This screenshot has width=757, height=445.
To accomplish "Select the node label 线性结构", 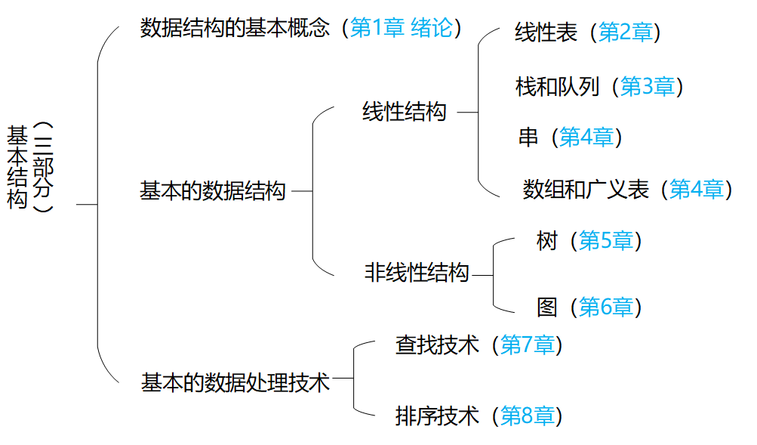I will click(x=405, y=113).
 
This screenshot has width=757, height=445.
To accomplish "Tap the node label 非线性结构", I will click(x=417, y=273).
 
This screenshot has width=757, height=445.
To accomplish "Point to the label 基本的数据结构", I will click(x=213, y=191).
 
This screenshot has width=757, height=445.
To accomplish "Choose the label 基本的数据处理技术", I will click(x=235, y=382).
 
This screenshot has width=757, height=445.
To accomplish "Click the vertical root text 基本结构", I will click(x=17, y=167).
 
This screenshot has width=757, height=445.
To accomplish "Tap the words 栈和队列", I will click(x=557, y=87).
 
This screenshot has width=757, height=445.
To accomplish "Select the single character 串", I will click(x=528, y=138).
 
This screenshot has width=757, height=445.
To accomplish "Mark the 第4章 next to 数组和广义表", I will click(x=697, y=189).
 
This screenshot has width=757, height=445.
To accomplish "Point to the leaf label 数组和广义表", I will click(x=586, y=189).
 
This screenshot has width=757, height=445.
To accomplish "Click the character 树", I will click(x=546, y=241).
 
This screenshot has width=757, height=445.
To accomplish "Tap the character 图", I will click(x=546, y=307).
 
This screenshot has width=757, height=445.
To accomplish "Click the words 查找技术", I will click(x=437, y=345).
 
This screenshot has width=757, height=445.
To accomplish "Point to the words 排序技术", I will click(x=437, y=416).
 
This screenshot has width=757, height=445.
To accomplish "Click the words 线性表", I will click(x=546, y=32).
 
